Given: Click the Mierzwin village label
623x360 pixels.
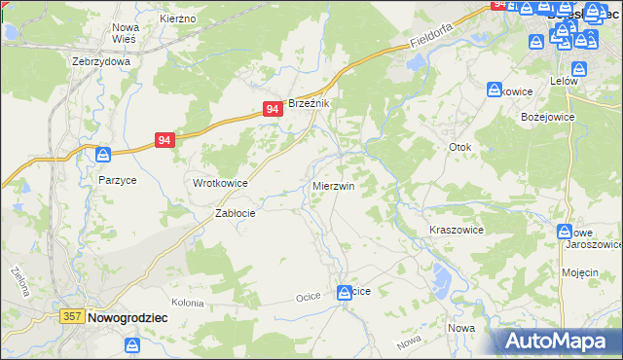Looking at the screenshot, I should [333, 185].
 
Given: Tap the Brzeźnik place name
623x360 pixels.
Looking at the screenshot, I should [310, 103].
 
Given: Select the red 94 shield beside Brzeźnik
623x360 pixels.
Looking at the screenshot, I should [273, 110].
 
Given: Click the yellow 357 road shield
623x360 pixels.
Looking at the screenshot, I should [71, 317].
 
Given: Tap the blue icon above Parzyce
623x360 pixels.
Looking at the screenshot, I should [103, 155].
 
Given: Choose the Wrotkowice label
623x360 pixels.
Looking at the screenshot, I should [220, 183].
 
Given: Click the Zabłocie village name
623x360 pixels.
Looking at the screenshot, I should [235, 213].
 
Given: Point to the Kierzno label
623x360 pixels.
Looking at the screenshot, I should [178, 18].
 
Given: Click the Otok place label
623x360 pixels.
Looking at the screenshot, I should [459, 147].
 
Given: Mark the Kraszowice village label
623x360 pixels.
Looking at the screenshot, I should [457, 230].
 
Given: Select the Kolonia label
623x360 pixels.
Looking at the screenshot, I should [188, 304].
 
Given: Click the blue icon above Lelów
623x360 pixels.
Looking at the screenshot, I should [579, 69].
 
